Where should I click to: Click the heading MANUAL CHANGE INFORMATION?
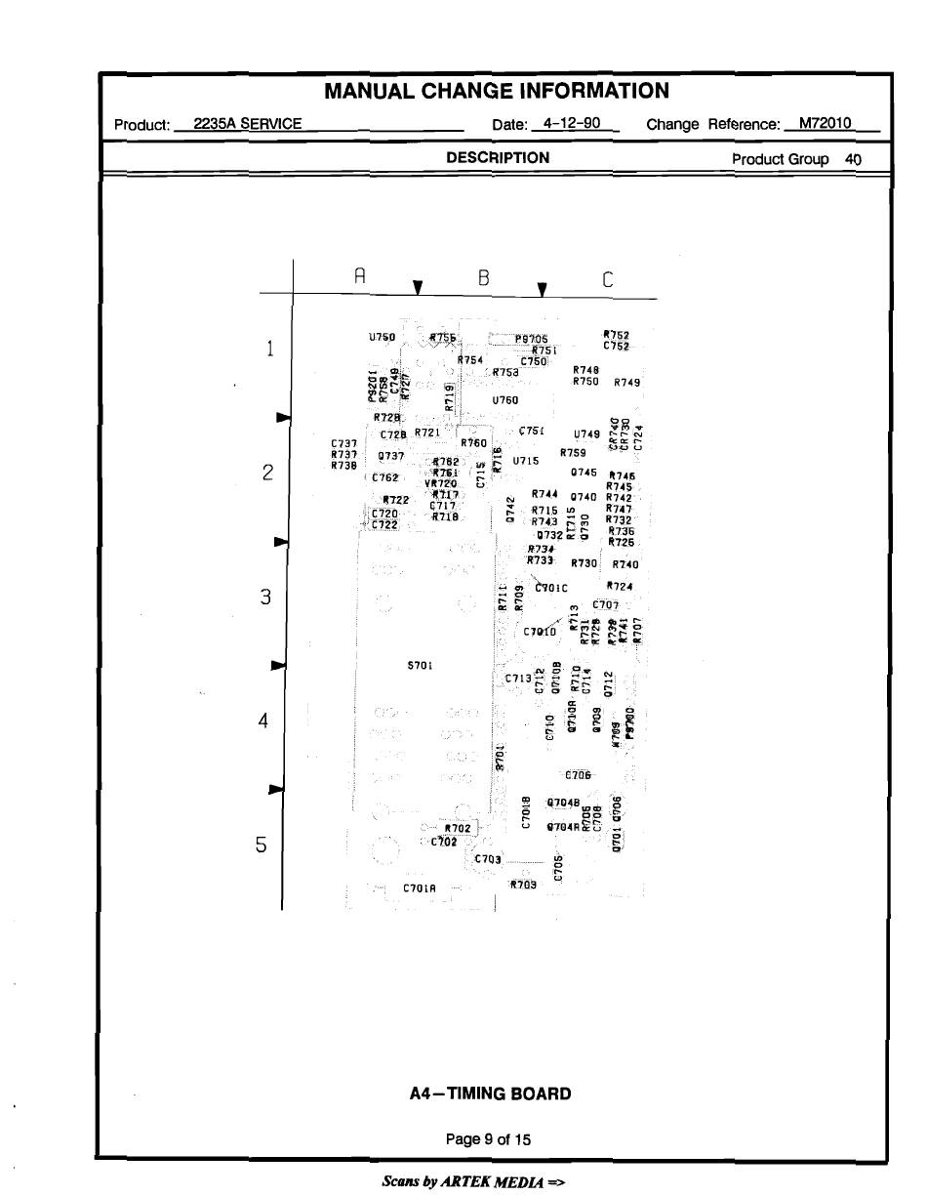pos(496,92)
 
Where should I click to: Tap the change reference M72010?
pos(825,123)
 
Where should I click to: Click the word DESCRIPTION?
pos(497,157)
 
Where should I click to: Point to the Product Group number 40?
pos(853,159)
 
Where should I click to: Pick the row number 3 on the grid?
pos(264,597)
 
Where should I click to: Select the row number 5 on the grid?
pos(262,845)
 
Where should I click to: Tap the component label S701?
pos(419,666)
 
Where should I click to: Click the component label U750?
pos(382,337)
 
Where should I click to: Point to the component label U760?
pos(505,400)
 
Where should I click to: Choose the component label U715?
pos(526,461)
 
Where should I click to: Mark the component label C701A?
pos(420,888)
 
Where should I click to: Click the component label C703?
pos(488,859)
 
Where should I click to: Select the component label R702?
pos(458,828)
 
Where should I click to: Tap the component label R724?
pos(620,587)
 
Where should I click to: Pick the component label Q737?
pos(391,456)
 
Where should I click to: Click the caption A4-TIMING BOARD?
pos(490,1093)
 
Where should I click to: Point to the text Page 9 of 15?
pos(488,1139)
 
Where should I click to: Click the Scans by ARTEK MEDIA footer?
pos(473,1181)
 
